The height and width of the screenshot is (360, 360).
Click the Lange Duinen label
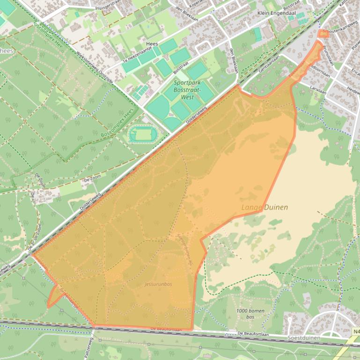click(264, 207)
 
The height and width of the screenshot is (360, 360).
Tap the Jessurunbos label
click(158, 284)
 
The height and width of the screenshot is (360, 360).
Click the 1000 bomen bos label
click(250, 314)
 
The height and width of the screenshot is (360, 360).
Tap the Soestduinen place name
click(303, 338)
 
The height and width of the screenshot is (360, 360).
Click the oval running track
click(143, 135)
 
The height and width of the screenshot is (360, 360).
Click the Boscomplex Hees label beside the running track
click(117, 123)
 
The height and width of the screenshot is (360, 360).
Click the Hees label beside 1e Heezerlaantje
click(152, 44)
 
